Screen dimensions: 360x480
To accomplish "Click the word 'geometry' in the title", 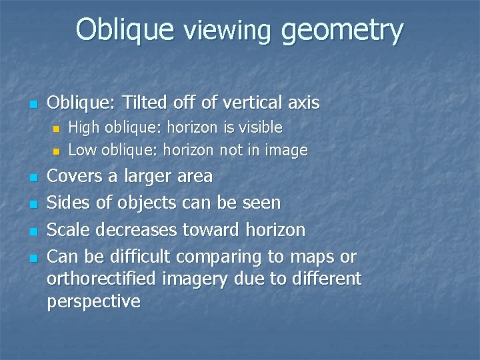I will coord(343,31).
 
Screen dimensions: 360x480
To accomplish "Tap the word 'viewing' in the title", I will coord(227,31).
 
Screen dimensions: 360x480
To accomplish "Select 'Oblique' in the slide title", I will coord(125,31).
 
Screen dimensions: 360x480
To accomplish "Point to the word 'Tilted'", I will coord(160,103).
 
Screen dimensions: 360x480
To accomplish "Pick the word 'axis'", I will coord(304,103).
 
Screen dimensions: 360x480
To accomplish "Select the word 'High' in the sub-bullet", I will coord(82,127).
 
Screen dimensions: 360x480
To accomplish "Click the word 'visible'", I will coord(257,127).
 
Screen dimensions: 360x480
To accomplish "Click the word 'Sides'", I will coord(68,203).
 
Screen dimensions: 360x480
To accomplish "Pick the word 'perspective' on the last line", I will coord(93,302).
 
